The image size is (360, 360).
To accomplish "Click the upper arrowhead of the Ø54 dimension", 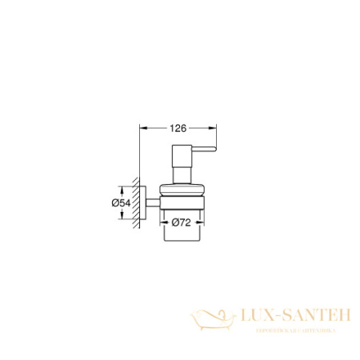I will click(x=122, y=190).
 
